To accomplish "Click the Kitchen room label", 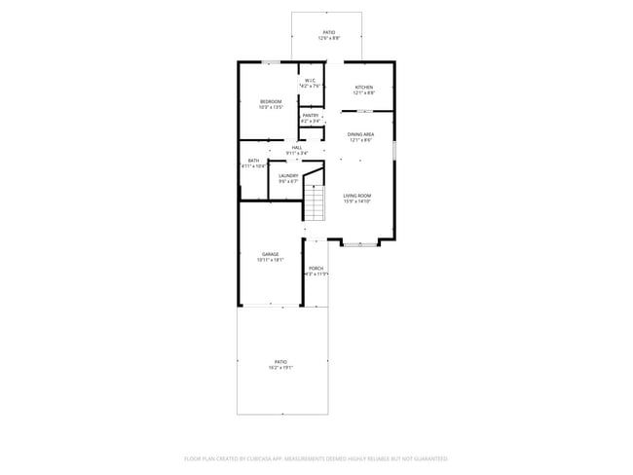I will [x=363, y=87].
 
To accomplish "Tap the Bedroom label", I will [x=270, y=101].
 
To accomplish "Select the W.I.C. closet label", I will [x=310, y=81].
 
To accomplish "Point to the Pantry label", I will [x=310, y=116].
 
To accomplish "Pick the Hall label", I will [x=296, y=147].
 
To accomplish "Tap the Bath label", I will [x=253, y=161].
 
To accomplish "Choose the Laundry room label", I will [x=288, y=175].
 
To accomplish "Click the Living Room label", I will [x=357, y=196].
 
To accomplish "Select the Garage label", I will [x=270, y=254].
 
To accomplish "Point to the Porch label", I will [x=316, y=268].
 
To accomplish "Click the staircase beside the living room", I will [x=315, y=202].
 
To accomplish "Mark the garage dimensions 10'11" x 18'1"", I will [x=270, y=260].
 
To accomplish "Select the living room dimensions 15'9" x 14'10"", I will [x=357, y=201].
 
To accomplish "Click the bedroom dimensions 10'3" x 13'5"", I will [x=270, y=107].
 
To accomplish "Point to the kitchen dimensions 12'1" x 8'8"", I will [x=363, y=92].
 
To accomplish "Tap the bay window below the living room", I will [x=360, y=243].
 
